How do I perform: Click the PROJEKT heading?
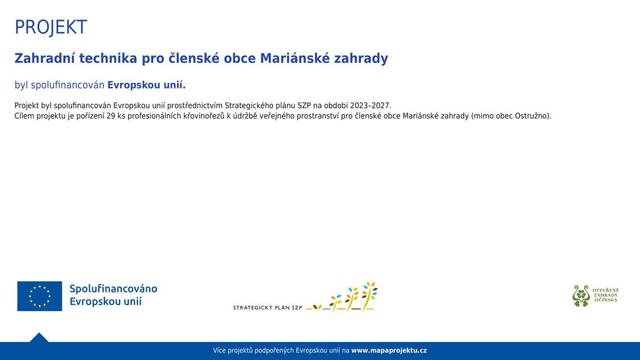click(x=51, y=27)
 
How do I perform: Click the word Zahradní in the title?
click(x=45, y=58)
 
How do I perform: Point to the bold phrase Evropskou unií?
click(x=147, y=85)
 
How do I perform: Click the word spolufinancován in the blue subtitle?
click(x=67, y=85)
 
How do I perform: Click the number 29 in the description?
click(x=110, y=116)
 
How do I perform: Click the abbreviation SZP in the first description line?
click(x=303, y=106)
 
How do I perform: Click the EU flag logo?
click(x=39, y=296)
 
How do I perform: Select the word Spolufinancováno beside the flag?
click(x=114, y=289)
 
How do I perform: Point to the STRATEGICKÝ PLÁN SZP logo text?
click(x=267, y=308)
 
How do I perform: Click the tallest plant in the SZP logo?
click(x=369, y=296)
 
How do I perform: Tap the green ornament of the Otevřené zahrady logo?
click(x=581, y=295)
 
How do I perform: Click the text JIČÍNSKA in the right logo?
click(x=605, y=300)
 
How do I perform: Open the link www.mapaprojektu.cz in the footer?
click(x=389, y=350)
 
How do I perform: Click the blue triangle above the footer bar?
click(x=39, y=338)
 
